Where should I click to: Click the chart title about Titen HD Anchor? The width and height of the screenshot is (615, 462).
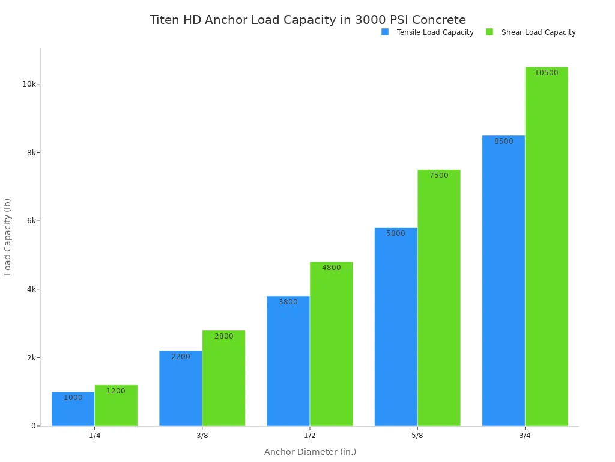307,20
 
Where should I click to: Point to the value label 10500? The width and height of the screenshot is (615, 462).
546,73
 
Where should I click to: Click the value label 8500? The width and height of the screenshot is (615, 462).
503,141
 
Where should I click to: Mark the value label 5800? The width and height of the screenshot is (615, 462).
396,233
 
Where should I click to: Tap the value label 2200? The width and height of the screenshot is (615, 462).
180,357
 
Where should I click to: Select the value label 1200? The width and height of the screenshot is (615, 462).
116,391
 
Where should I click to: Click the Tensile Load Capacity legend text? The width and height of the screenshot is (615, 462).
435,32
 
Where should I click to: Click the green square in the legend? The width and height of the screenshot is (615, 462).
489,32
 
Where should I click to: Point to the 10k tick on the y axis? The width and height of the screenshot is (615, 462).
29,84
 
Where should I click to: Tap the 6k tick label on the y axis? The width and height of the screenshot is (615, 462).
31,221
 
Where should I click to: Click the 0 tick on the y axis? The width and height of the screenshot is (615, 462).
34,426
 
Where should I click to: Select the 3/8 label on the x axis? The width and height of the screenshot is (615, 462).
202,436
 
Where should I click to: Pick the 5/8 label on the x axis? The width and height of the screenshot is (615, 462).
417,436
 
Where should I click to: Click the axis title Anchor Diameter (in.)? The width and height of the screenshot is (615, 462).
310,452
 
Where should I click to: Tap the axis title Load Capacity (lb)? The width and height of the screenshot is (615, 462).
8,236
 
